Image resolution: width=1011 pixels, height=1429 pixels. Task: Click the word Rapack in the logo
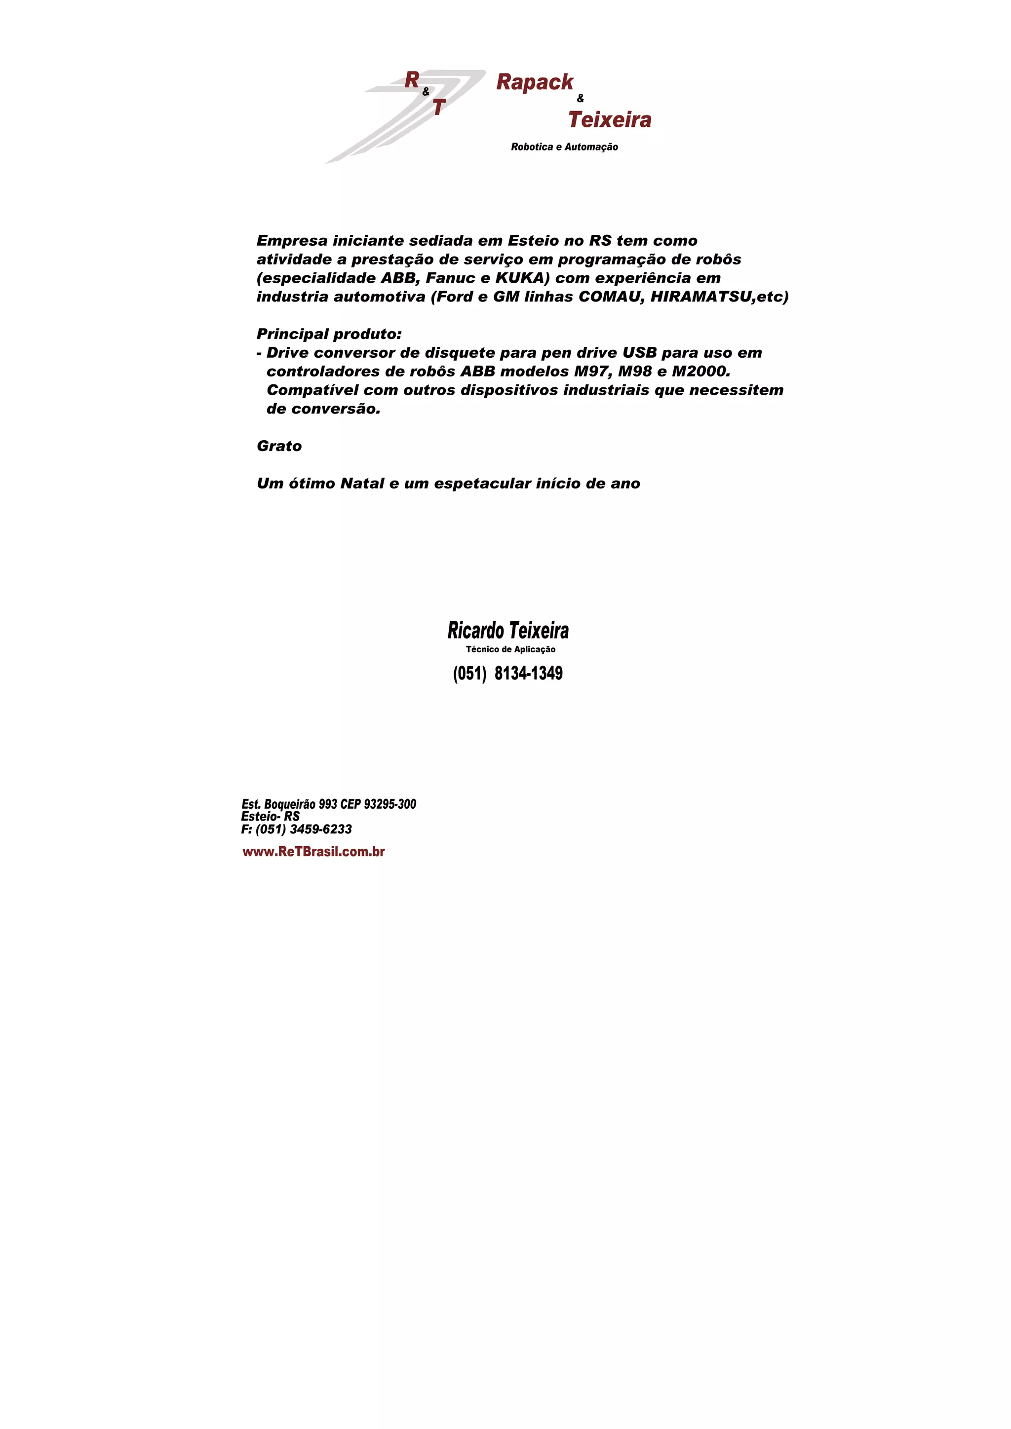pos(534,82)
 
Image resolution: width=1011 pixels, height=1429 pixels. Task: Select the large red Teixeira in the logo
pos(610,119)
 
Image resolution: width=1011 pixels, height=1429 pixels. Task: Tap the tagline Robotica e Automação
pos(564,147)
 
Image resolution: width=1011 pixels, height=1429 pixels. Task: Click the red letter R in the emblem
pos(412,79)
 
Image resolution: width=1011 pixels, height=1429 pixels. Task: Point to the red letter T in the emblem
pos(438,108)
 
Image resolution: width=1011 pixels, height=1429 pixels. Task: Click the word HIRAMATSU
pos(700,297)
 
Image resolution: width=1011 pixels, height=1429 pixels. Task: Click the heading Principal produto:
pos(329,334)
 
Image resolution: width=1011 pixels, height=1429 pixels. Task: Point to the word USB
pos(639,353)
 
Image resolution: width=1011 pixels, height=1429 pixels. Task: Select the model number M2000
pos(700,372)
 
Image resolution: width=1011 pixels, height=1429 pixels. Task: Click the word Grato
pos(279,446)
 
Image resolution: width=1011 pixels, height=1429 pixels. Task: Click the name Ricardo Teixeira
pos(507,631)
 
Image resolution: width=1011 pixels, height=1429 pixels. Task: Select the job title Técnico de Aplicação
pos(510,649)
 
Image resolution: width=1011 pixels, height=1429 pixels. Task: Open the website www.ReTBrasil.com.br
pos(313,851)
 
